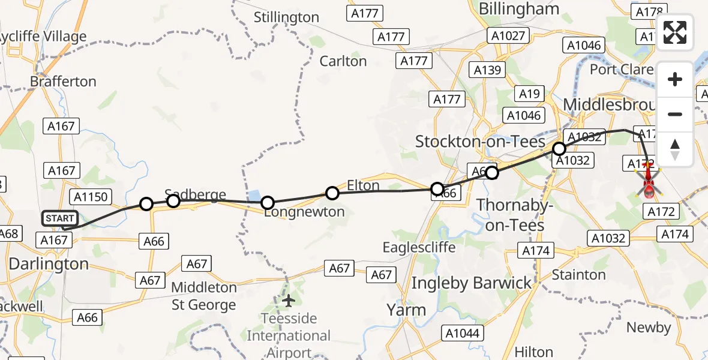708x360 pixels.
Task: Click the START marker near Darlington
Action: point(59,218)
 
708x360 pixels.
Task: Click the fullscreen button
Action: point(675,32)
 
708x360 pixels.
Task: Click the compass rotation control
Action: point(675,149)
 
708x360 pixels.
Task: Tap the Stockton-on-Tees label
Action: point(480,142)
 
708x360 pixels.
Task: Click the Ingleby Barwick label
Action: point(472,283)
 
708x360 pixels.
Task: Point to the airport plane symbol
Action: point(289,300)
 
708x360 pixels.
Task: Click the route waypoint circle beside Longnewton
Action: point(268,203)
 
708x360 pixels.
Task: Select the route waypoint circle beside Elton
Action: point(332,193)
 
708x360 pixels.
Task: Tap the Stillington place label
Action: point(286,17)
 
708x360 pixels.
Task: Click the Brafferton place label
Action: point(63,81)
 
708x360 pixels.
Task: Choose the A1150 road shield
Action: point(89,196)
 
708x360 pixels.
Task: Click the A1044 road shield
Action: point(460,332)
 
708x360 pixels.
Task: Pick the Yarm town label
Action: point(406,310)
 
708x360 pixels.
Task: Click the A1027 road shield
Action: point(506,35)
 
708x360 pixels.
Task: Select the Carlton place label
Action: point(343,61)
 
